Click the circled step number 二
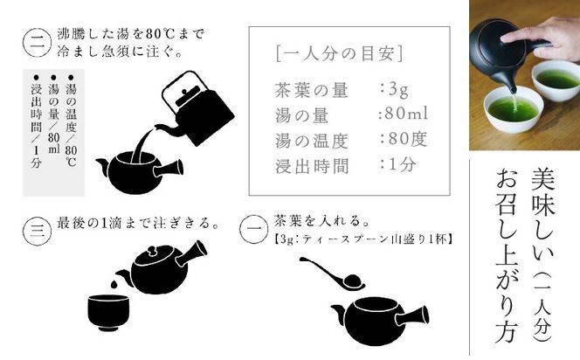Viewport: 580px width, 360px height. point(34,43)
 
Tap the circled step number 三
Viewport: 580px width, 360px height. point(34,231)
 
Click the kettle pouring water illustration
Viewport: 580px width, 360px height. point(197,111)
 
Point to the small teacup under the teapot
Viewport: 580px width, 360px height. point(109,310)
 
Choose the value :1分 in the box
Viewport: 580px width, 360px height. point(398,164)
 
